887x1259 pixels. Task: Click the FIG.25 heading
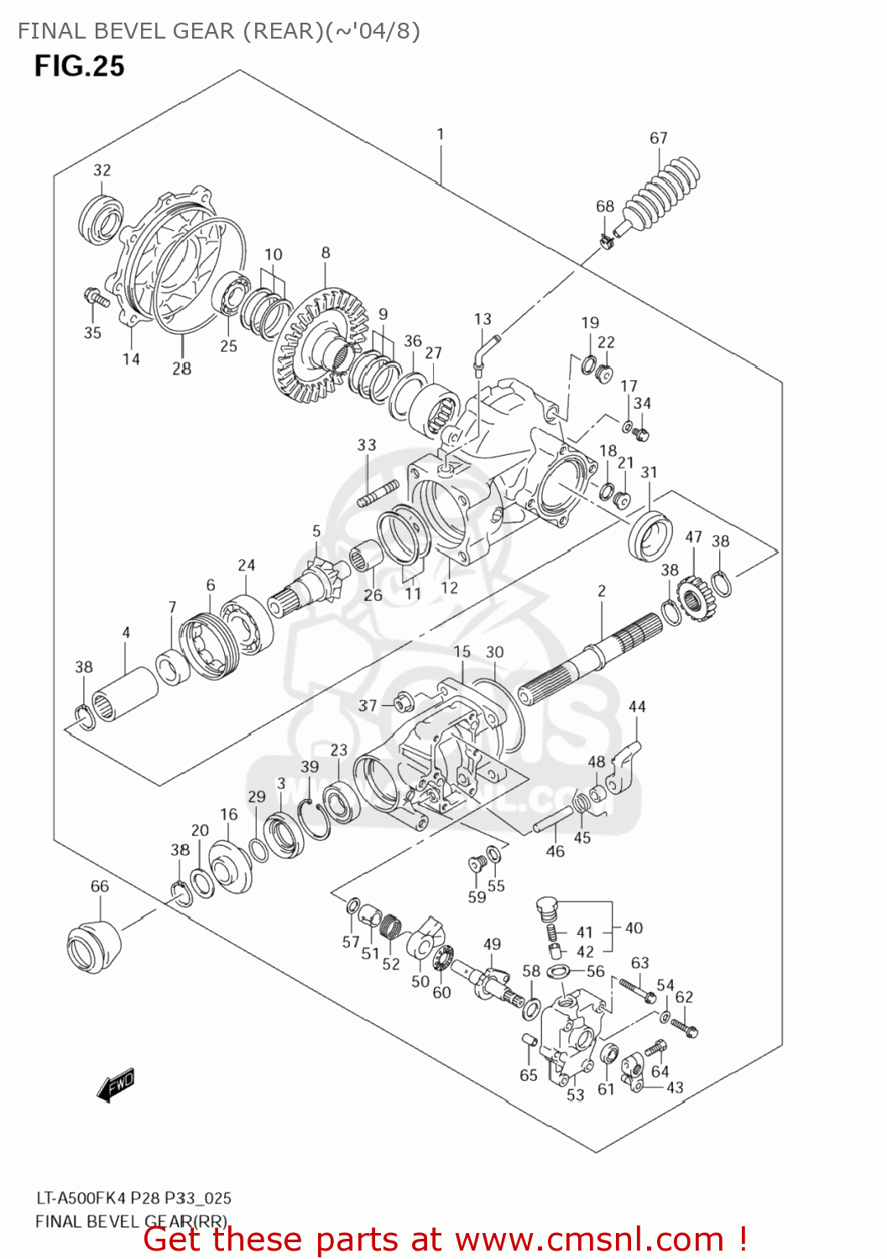[x=79, y=66]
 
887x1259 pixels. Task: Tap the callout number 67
[x=659, y=138]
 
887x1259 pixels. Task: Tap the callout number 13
[x=483, y=319]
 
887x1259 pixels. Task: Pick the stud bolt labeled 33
[x=377, y=494]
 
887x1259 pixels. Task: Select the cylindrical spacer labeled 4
[x=124, y=693]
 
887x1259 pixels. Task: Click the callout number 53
[x=575, y=1094]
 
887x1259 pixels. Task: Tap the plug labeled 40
[x=546, y=910]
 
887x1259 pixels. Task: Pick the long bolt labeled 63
[x=637, y=990]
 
